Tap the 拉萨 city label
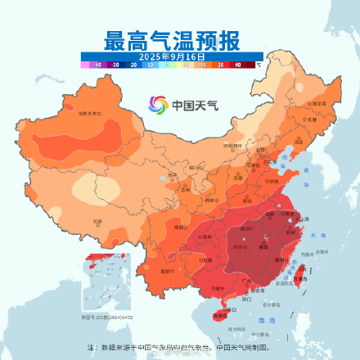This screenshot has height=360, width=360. point(97,221)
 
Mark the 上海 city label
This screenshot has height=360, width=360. point(304,219)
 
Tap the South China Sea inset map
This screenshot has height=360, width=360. point(106,283)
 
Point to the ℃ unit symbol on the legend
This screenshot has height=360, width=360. point(259,64)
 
